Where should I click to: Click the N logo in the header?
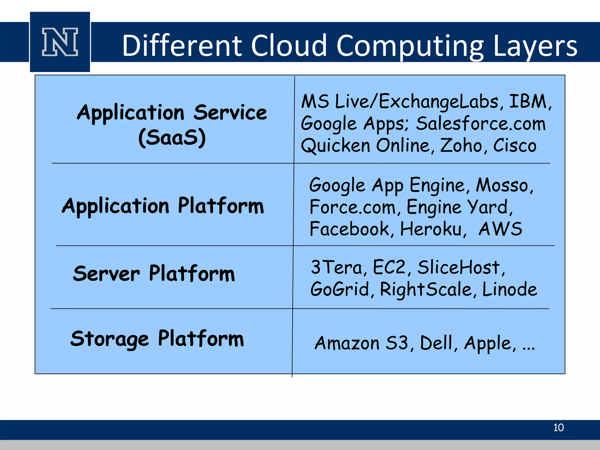pos(60,42)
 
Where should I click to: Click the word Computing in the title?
pos(410,46)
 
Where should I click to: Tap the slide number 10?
pos(558,427)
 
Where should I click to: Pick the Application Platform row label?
pos(163,206)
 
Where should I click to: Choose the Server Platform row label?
pos(154,273)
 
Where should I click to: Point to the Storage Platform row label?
pos(157,339)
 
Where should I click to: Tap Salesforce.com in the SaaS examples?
pos(481,123)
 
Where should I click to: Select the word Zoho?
pos(461,145)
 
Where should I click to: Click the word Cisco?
pos(515,145)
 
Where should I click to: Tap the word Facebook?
pos(349,229)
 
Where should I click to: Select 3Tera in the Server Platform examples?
pos(337,267)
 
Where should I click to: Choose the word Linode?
pos(509,289)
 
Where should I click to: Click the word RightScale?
pos(426,289)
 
